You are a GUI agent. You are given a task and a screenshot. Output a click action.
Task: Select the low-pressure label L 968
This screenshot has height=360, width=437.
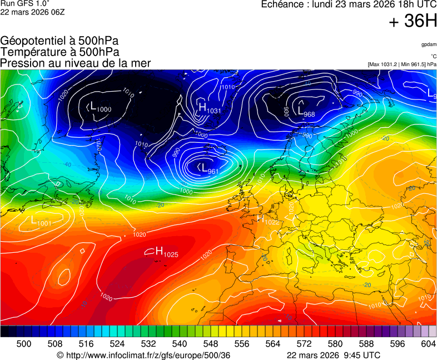pyautogui.click(x=306, y=111)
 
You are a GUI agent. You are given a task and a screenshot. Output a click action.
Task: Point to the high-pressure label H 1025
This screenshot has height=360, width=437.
pyautogui.click(x=166, y=252)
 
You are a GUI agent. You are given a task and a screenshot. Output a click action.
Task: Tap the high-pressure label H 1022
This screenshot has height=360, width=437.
pyautogui.click(x=267, y=219)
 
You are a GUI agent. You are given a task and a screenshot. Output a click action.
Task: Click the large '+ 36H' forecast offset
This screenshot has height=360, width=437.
pyautogui.click(x=413, y=22)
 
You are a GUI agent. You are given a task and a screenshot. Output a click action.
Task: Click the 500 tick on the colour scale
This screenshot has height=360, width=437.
pyautogui.click(x=24, y=344)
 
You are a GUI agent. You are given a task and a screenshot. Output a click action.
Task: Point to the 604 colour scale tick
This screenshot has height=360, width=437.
pyautogui.click(x=428, y=344)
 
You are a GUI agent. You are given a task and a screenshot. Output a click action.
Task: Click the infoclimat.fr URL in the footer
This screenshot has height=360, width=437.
pyautogui.click(x=143, y=355)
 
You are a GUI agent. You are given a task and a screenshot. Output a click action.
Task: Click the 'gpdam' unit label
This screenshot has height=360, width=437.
pyautogui.click(x=428, y=44)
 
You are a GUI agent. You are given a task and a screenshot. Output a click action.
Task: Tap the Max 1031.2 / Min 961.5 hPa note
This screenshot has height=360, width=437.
pyautogui.click(x=402, y=64)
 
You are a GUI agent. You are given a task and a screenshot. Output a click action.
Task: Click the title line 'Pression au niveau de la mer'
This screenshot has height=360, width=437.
pyautogui.click(x=76, y=63)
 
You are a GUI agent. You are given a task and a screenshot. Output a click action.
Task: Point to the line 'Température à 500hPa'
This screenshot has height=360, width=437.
pyautogui.click(x=59, y=52)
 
